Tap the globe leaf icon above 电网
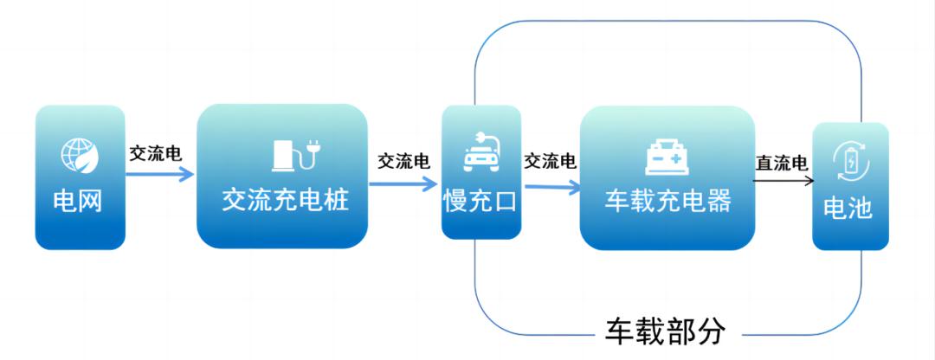[79, 155]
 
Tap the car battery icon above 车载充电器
[667, 157]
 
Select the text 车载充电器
[667, 201]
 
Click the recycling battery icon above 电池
[849, 162]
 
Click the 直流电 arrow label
[782, 162]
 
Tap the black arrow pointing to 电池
[783, 181]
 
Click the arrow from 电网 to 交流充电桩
[160, 174]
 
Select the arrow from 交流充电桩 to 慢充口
[403, 183]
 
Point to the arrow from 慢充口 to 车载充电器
[551, 184]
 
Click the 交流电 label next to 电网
[155, 154]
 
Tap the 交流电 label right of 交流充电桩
[403, 162]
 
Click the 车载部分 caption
[664, 332]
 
